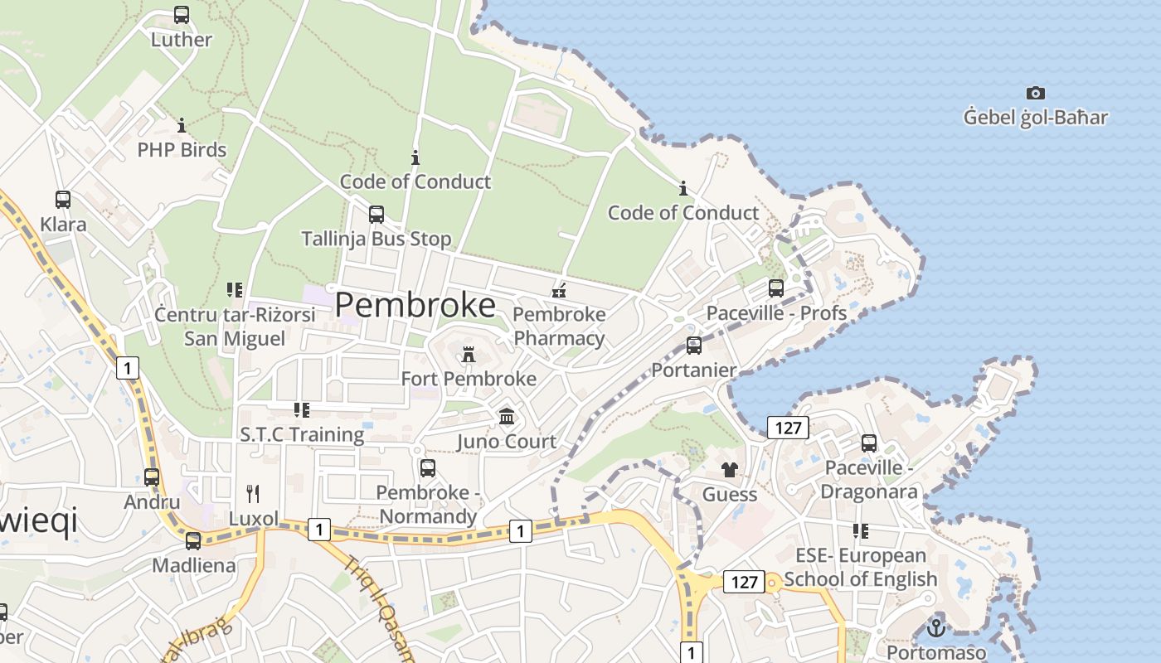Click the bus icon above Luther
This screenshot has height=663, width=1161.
pos(182,15)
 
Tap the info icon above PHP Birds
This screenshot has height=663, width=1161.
pos(182,126)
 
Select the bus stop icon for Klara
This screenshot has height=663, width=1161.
pos(63,200)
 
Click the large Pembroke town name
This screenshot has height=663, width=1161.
pos(415,305)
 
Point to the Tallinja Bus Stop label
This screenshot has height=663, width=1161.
pos(376,239)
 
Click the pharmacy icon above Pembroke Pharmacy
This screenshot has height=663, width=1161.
pos(560,290)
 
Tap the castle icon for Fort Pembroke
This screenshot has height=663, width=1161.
pos(469,355)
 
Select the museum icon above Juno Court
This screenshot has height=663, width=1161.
pos(507,416)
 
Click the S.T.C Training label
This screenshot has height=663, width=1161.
pos(302,434)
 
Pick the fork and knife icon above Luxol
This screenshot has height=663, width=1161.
pos(254,494)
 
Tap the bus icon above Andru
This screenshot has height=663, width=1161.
pos(152,477)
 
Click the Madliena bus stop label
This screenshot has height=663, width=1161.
pos(194,565)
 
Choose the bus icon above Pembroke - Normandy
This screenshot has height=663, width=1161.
pos(428,468)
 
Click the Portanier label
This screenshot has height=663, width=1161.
pos(694,370)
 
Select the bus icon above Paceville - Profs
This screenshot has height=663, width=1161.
pos(776,288)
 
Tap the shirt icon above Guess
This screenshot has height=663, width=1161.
pos(730,470)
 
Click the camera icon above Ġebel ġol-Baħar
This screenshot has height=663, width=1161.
pos(1035,93)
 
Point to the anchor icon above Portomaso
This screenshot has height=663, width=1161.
pos(937,627)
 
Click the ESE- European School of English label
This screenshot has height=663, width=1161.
pos(861,567)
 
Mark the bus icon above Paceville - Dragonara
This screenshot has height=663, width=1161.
pos(869,443)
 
